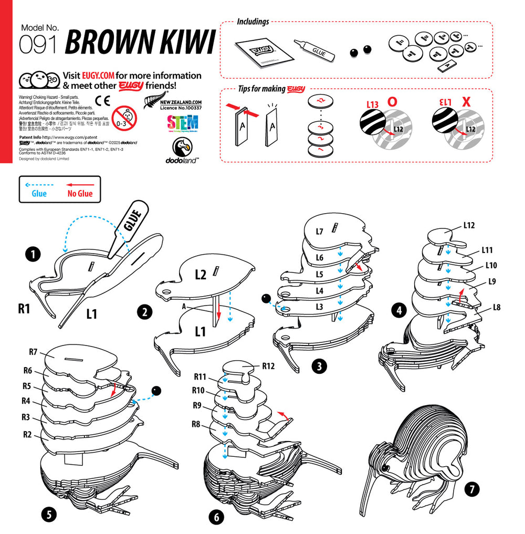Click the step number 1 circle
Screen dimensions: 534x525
coord(33,255)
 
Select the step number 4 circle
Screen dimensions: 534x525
coord(400,310)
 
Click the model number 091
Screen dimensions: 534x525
coord(38,45)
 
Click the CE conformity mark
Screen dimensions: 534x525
coord(102,101)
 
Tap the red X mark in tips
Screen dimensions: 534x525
coord(465,102)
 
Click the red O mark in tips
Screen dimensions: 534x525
coord(391,102)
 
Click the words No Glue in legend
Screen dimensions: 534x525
coord(80,194)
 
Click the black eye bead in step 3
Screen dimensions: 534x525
coord(266,299)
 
